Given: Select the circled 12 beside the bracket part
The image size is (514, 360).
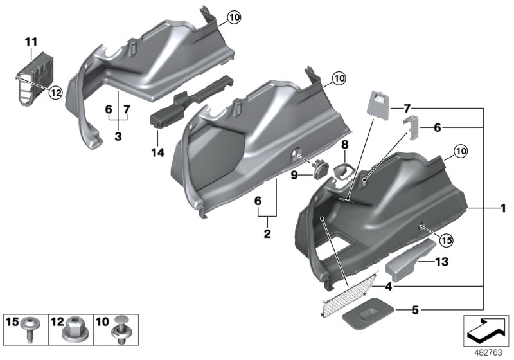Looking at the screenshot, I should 55,93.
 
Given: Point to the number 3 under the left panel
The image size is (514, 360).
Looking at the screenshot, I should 118,138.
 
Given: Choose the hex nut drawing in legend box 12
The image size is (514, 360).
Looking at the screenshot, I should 74,330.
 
